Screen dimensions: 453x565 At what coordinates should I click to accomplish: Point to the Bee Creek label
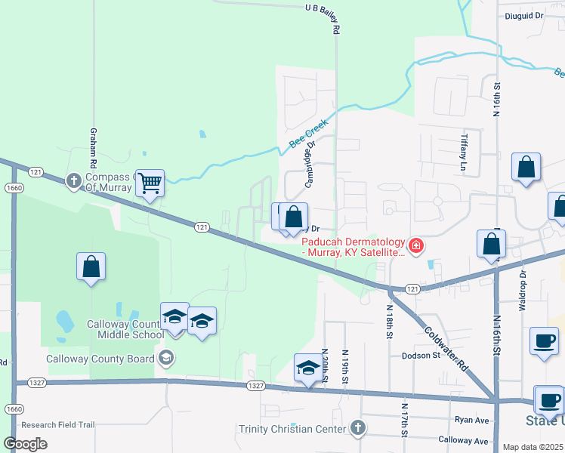click(x=308, y=134)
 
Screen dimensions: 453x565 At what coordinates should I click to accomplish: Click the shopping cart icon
click(x=150, y=182)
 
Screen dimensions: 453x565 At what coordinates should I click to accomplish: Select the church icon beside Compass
click(x=73, y=180)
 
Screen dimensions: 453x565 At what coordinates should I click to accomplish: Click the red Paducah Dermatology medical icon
click(x=415, y=245)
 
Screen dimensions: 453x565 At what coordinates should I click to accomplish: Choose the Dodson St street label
click(x=420, y=355)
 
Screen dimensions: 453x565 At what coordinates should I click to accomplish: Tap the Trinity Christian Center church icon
click(x=358, y=429)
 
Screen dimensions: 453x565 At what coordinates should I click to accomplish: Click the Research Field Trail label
click(x=58, y=425)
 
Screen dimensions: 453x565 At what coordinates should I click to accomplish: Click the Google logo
click(x=25, y=444)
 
